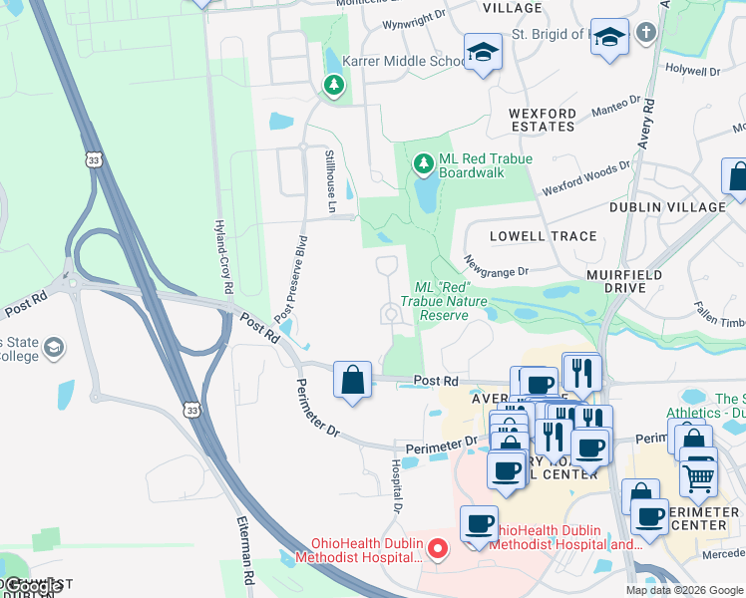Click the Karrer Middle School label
(403, 61)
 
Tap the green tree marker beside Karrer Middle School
(333, 86)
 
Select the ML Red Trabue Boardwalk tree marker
(424, 161)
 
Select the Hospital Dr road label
(396, 486)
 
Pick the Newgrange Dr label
(496, 264)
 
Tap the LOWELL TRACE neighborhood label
(544, 236)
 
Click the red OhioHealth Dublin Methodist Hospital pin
(436, 548)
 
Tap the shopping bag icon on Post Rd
(352, 380)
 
